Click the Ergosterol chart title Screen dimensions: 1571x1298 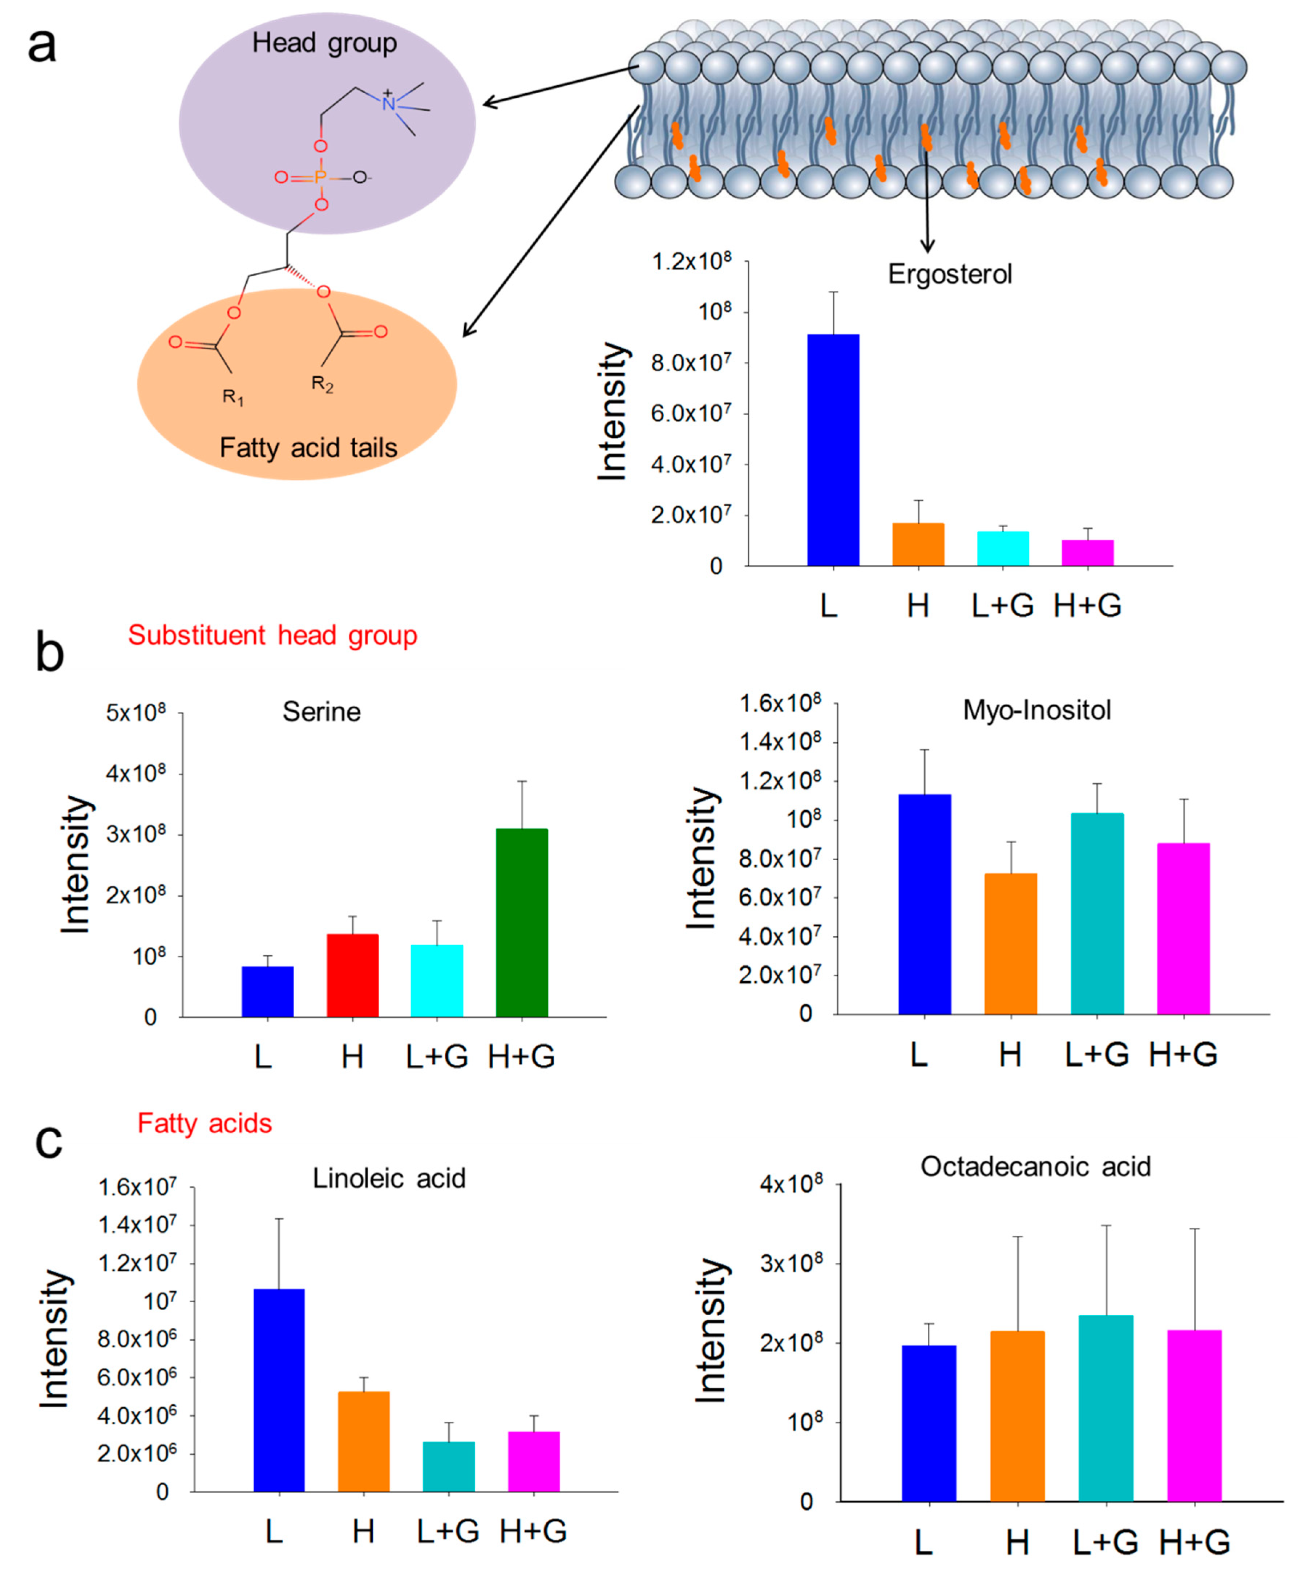click(x=950, y=274)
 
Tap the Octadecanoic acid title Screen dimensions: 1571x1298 click(x=1036, y=1167)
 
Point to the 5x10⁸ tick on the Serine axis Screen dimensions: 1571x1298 click(x=136, y=713)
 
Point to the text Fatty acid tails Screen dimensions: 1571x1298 click(x=308, y=448)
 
